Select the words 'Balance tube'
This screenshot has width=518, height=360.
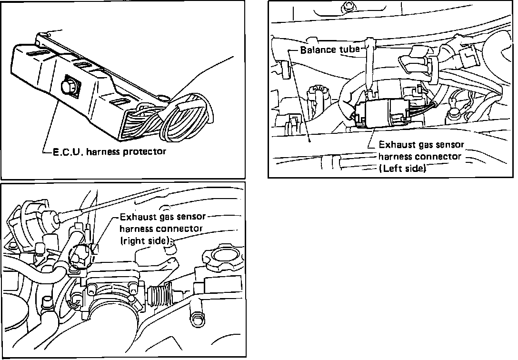(x=330, y=50)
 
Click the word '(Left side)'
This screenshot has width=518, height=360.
(x=402, y=168)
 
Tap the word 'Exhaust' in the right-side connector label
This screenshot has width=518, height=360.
(x=135, y=218)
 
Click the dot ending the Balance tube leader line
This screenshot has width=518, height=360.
(x=309, y=140)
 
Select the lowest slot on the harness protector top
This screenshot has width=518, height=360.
(x=117, y=101)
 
